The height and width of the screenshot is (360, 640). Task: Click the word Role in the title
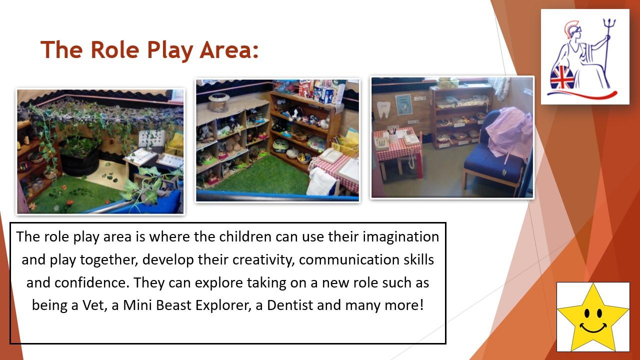[114, 49]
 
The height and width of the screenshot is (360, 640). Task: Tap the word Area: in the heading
[229, 49]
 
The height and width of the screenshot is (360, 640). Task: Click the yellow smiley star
[593, 317]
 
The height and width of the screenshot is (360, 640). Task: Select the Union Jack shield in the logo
[562, 77]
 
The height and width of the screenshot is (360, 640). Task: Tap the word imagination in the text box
[401, 237]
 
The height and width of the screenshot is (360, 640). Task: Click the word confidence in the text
[90, 282]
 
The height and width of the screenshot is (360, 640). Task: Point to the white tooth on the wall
[383, 109]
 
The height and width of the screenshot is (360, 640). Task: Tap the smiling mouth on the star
[593, 328]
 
